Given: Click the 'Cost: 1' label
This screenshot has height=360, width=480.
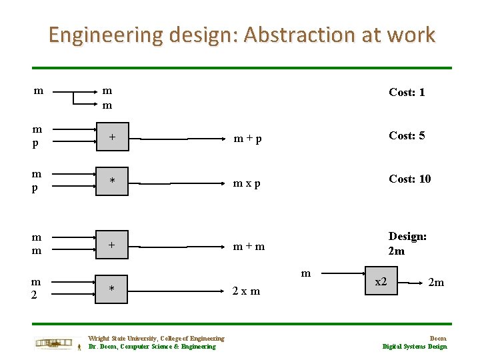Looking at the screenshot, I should (407, 92).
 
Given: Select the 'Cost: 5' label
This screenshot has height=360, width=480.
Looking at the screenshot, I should (407, 135).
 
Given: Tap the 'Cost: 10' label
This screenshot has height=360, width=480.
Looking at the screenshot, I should (410, 179).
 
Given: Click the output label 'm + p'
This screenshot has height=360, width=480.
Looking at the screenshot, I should (247, 139).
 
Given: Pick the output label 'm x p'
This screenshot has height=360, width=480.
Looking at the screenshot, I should (247, 183).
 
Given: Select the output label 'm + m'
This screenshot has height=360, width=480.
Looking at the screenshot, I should (249, 247).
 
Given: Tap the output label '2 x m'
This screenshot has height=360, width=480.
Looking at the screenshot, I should (246, 291).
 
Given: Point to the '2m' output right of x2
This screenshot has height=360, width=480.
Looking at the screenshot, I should (436, 283).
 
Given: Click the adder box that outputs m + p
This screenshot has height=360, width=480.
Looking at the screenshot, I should (113, 137).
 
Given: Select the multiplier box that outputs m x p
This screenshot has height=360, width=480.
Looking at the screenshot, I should (113, 181).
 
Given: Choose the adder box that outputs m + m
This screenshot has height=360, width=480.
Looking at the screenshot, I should (113, 245).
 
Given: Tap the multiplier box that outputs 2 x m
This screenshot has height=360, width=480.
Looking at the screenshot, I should (113, 289).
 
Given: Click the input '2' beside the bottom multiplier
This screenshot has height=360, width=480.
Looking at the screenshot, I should (34, 295).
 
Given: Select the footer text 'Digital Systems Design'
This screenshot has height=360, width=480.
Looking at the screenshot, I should (415, 347).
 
